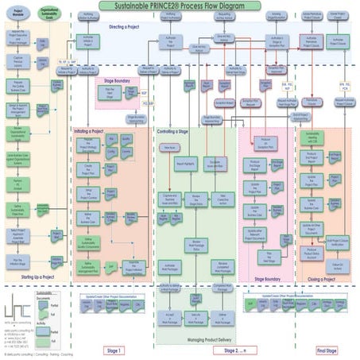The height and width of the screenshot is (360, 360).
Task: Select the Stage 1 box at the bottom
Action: click(x=116, y=349)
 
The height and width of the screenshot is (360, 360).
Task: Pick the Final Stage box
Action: click(x=327, y=349)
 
